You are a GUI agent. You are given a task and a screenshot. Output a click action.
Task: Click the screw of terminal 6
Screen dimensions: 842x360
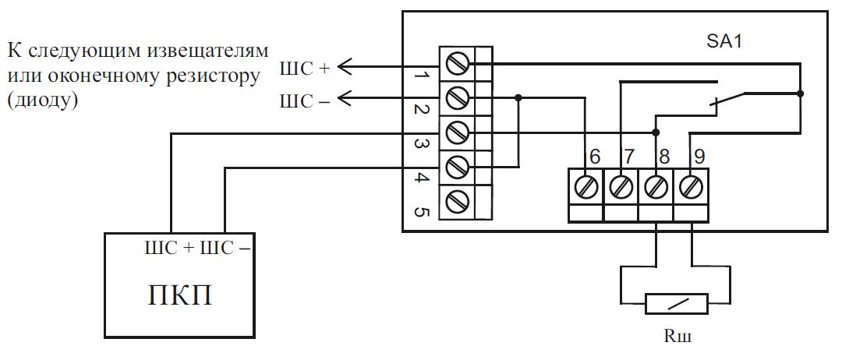pyautogui.click(x=586, y=187)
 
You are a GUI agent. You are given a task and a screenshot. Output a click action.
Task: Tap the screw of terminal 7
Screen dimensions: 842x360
pyautogui.click(x=621, y=187)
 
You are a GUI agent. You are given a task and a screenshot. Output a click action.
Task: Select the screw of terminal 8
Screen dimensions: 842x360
pyautogui.click(x=655, y=187)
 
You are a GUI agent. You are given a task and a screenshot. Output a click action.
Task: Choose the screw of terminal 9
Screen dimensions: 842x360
pyautogui.click(x=690, y=187)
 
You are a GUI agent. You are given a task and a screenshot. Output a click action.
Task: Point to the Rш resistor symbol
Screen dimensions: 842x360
pyautogui.click(x=676, y=304)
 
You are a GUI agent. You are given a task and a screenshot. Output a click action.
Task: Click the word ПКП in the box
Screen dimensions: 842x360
pyautogui.click(x=179, y=295)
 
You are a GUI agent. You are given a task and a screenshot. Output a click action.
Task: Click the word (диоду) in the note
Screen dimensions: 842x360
pyautogui.click(x=42, y=101)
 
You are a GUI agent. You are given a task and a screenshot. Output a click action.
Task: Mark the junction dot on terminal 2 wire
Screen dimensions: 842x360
pyautogui.click(x=518, y=97)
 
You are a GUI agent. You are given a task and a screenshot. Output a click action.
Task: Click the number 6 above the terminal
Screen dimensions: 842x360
pyautogui.click(x=594, y=157)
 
